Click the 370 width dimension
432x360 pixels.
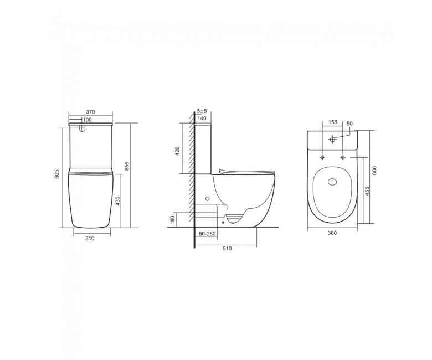[90, 112]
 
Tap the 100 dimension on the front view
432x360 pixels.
[87, 120]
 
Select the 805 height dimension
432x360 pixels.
[57, 174]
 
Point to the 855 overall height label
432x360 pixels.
[127, 166]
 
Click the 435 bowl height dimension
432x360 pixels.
[117, 201]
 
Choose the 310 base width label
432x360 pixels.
[90, 238]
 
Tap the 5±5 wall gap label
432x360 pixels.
[202, 111]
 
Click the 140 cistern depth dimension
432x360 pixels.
[202, 119]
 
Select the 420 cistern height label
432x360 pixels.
[177, 151]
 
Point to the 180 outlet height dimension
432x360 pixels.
[173, 220]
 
